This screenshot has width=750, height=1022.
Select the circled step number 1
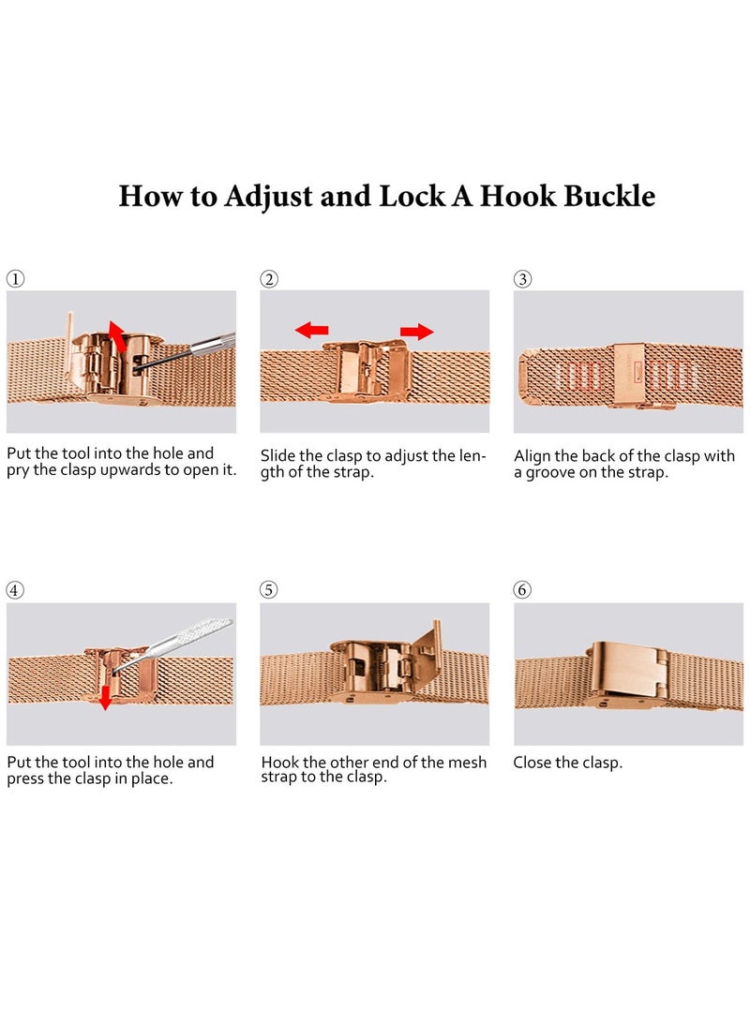(x=15, y=279)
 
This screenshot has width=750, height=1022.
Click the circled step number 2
(x=269, y=279)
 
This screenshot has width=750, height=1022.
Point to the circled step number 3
(x=522, y=279)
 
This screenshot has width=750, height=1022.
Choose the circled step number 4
(x=15, y=590)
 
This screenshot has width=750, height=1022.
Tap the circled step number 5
(x=269, y=590)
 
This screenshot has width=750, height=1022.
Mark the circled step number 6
(x=522, y=590)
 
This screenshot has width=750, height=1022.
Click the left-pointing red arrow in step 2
(x=312, y=330)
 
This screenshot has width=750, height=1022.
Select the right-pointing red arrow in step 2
(x=417, y=331)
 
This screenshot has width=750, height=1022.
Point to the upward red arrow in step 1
(x=117, y=336)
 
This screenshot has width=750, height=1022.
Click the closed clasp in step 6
(x=627, y=673)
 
